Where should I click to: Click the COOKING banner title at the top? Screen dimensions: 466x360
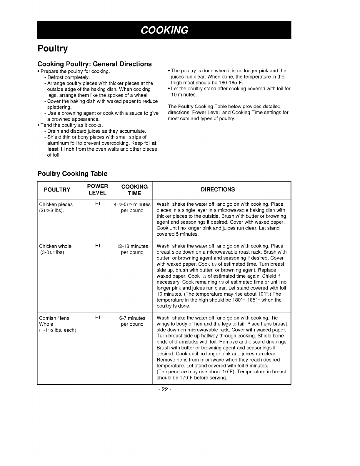164,30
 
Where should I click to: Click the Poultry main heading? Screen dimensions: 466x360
53,49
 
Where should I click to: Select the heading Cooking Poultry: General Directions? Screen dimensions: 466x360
94,64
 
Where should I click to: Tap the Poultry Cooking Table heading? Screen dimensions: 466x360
72,174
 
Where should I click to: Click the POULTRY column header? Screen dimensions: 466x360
57,190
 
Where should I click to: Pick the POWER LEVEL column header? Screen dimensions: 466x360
97,190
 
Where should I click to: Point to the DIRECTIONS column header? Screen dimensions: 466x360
218,190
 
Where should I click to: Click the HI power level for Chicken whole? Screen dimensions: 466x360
98,246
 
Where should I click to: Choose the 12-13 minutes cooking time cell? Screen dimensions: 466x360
132,249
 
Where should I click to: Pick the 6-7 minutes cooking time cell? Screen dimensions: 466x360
132,321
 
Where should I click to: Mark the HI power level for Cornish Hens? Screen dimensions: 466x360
98,318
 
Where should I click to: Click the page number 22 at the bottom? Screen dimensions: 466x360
164,390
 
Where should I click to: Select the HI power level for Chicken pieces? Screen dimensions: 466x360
98,204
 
